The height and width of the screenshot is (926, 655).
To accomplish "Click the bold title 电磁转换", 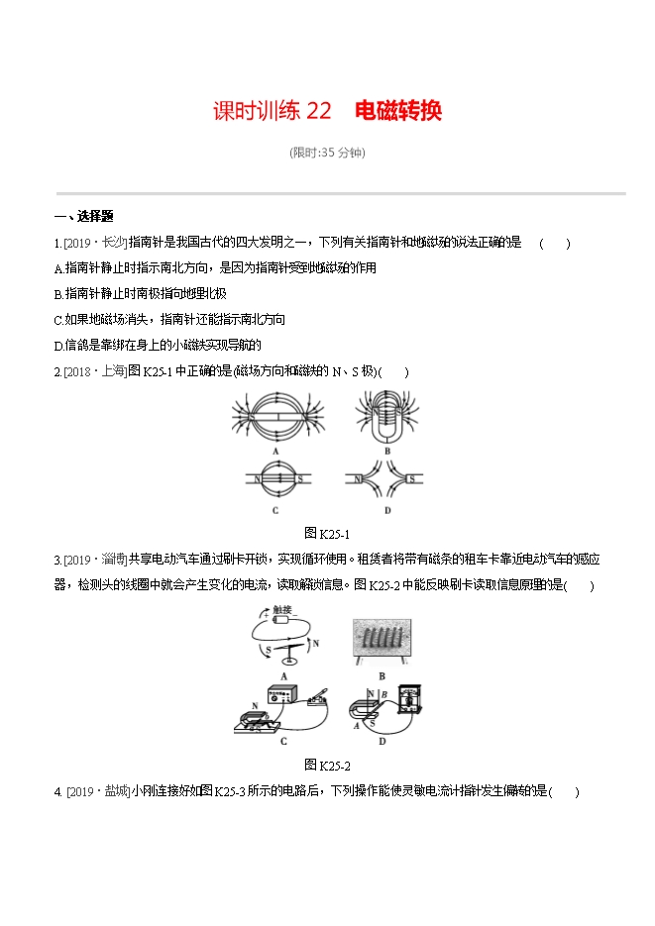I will coord(397,111).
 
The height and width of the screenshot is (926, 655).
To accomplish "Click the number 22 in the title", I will coord(318,111).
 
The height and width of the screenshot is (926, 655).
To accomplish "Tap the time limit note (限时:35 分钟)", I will coord(327,153).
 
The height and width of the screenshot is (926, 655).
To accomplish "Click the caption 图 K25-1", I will coord(328,534).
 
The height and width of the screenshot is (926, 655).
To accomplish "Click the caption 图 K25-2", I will coord(328,765).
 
